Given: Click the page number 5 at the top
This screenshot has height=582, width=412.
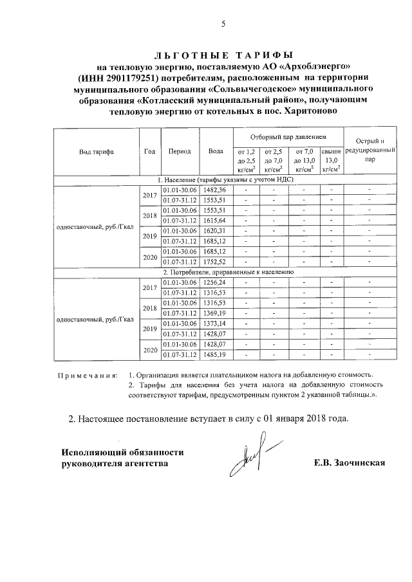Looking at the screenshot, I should coord(223,24).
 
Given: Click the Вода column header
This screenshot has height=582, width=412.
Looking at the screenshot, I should coord(216,152).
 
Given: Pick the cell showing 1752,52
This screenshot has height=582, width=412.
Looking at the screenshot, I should coord(214,262).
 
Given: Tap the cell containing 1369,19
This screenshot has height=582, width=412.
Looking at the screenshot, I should coord(214,313).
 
